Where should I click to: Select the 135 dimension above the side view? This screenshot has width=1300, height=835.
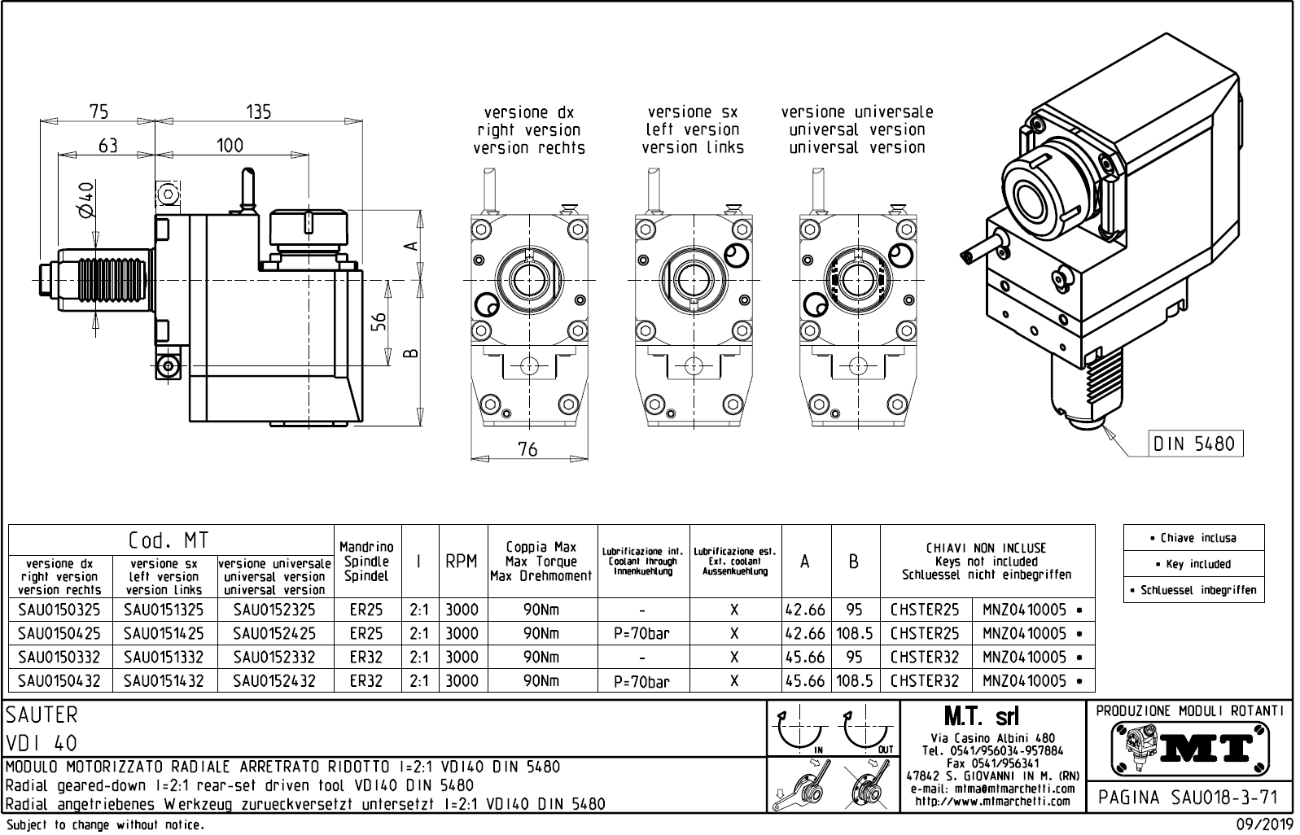[258, 111]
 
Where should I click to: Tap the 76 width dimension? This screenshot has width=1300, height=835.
[527, 448]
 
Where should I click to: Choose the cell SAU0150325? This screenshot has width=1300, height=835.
[59, 610]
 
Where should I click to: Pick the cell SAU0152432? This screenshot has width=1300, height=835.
[274, 680]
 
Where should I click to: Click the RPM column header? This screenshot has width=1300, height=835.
[462, 562]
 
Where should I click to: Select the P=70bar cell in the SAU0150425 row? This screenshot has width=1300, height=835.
[642, 633]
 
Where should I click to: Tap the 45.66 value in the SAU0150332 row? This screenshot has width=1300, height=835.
[805, 657]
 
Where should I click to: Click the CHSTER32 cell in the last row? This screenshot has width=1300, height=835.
[925, 680]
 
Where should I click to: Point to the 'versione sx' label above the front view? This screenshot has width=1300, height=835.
[692, 112]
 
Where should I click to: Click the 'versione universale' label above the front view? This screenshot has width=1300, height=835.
[856, 112]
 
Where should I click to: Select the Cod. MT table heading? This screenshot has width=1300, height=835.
[169, 540]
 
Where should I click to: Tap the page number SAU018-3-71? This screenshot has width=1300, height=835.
[1190, 797]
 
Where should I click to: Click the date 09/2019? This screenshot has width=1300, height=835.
[1263, 825]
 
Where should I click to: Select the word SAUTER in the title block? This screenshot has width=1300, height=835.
[42, 715]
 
